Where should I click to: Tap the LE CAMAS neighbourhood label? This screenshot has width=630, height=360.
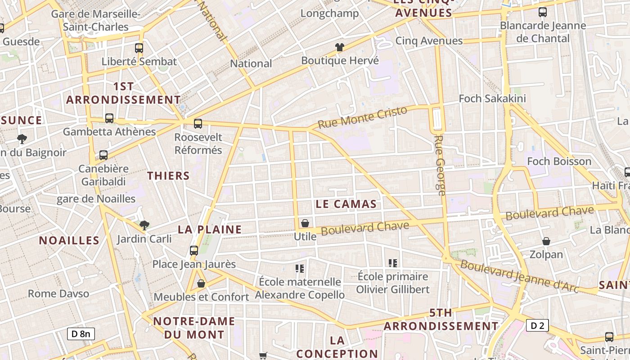coord(346,204)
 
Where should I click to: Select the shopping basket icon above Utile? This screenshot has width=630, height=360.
coord(305,223)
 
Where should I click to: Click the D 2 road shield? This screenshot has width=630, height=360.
coord(537,325)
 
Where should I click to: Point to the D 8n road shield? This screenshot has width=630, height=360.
coord(81,333)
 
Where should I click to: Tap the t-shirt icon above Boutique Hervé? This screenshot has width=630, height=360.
coord(340,47)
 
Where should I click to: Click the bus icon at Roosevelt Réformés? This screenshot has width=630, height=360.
coord(198,124)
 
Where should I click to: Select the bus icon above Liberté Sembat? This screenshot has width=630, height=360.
coord(139,48)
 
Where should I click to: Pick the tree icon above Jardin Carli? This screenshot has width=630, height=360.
coord(144,225)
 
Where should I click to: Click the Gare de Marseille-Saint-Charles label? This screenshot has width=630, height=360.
coord(95,20)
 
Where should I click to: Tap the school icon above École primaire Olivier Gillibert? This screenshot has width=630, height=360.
coord(393,263)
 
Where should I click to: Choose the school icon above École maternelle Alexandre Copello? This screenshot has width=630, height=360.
coord(300,269)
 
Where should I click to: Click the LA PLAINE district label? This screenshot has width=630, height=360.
coord(210,229)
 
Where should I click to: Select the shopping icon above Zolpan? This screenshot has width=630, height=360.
coord(546,242)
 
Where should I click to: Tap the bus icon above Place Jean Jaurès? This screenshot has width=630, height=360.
coord(194,251)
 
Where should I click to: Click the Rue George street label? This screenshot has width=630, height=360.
coord(440,165)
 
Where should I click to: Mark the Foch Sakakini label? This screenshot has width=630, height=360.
coord(492,99)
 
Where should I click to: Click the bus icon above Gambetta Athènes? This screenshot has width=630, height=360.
coord(109,118)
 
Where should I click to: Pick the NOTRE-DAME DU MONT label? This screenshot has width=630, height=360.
coord(194,328)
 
